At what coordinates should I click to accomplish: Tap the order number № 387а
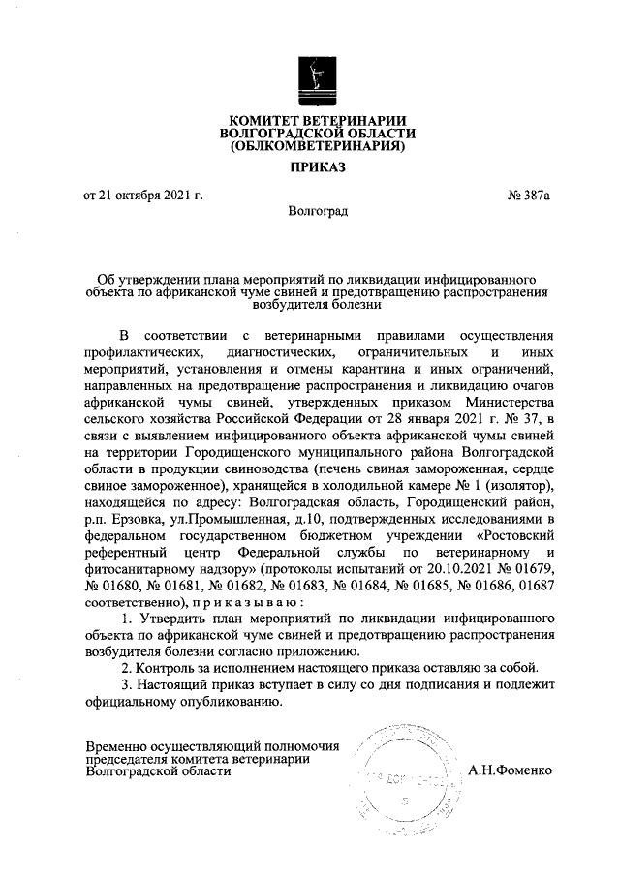[529, 196]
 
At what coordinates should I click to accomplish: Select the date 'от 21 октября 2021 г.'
[143, 196]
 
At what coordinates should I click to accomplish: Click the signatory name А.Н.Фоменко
[511, 771]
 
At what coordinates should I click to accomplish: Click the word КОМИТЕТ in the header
[261, 119]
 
